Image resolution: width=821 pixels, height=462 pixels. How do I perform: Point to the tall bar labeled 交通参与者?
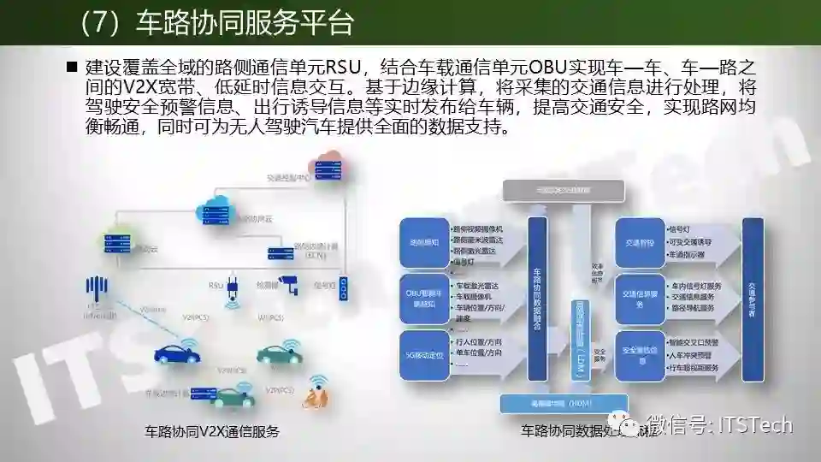click(x=752, y=291)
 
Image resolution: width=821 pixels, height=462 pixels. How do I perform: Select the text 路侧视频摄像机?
click(x=479, y=229)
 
